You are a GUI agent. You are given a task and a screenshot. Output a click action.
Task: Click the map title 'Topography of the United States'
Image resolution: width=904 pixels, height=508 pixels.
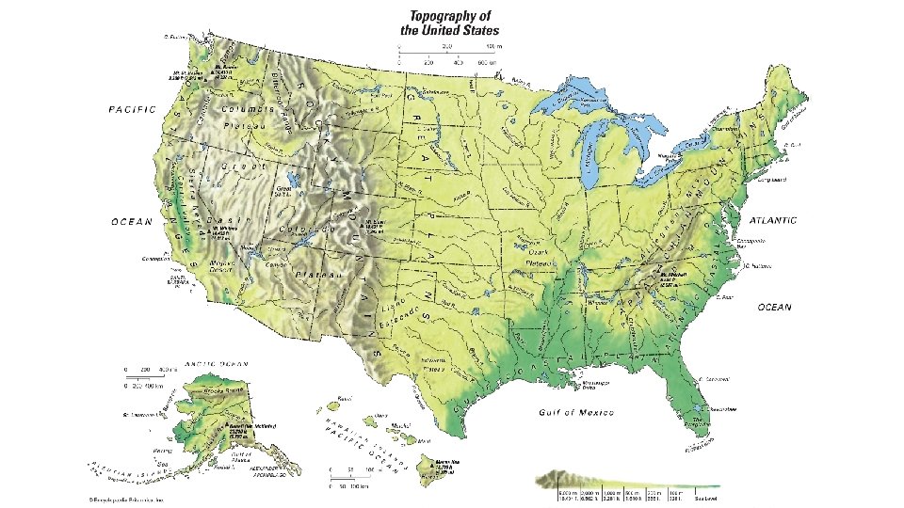pyautogui.click(x=453, y=24)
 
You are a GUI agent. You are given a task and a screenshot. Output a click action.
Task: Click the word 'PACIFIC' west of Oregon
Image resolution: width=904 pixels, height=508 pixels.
pyautogui.click(x=131, y=109)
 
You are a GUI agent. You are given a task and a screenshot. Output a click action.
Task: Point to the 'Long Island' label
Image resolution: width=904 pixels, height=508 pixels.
pyautogui.click(x=772, y=179)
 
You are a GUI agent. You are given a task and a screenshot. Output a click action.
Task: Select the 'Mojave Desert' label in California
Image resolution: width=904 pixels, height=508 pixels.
pyautogui.click(x=221, y=266)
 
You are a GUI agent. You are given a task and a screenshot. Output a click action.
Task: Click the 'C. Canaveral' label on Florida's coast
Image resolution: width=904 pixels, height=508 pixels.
pyautogui.click(x=716, y=380)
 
